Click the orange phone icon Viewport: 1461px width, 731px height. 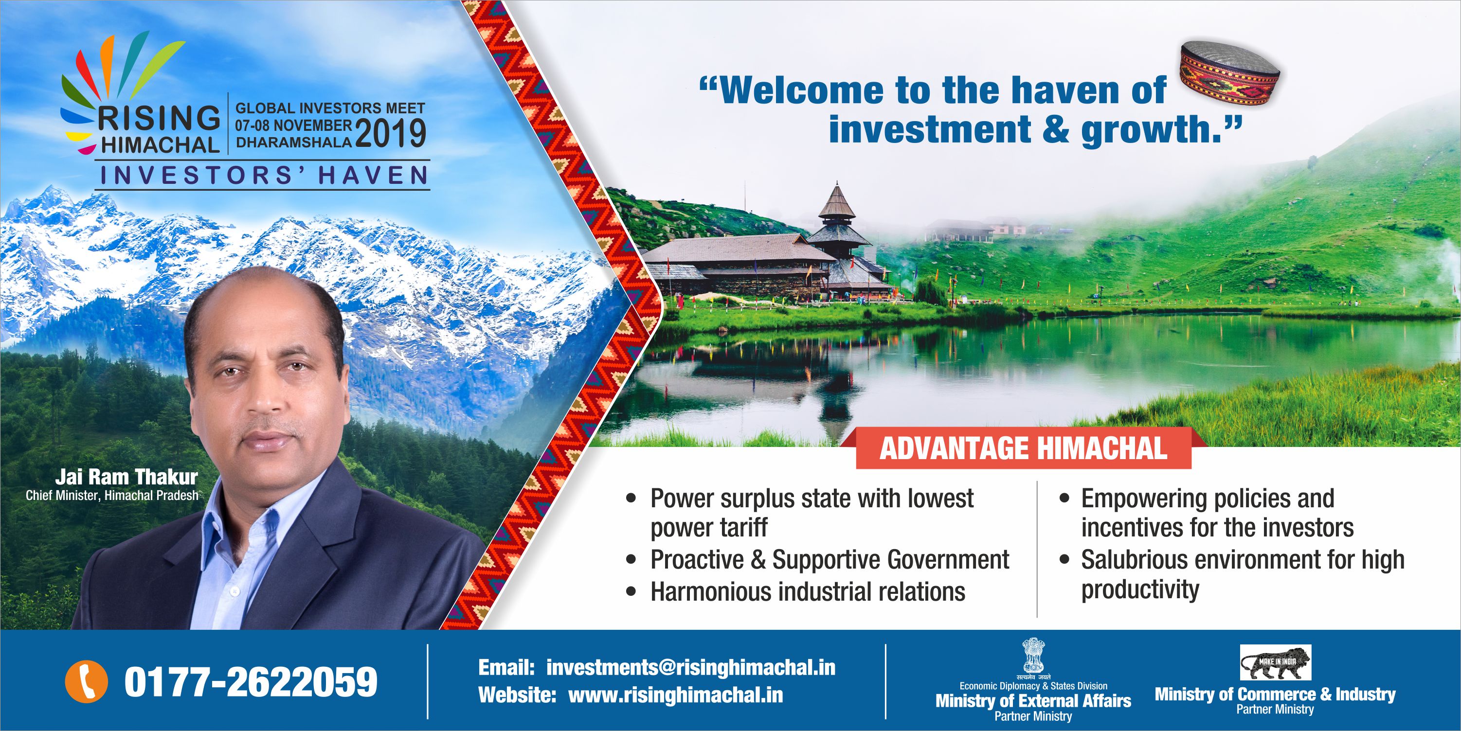pyautogui.click(x=86, y=681)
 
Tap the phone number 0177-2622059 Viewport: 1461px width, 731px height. pyautogui.click(x=251, y=682)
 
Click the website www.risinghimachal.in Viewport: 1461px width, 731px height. pyautogui.click(x=675, y=695)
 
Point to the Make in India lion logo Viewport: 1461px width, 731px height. pyautogui.click(x=1276, y=662)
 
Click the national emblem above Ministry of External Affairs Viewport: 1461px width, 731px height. pyautogui.click(x=1033, y=656)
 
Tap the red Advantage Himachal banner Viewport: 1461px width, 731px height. pyautogui.click(x=1024, y=448)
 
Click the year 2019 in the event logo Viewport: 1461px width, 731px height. pyautogui.click(x=390, y=133)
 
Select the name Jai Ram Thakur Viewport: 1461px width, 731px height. pyautogui.click(x=126, y=476)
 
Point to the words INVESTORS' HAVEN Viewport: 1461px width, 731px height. pyautogui.click(x=264, y=175)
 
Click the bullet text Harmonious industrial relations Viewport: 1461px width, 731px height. pyautogui.click(x=808, y=591)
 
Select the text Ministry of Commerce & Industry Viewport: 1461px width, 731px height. pyautogui.click(x=1275, y=694)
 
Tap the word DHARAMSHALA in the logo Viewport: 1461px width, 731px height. pyautogui.click(x=294, y=143)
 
